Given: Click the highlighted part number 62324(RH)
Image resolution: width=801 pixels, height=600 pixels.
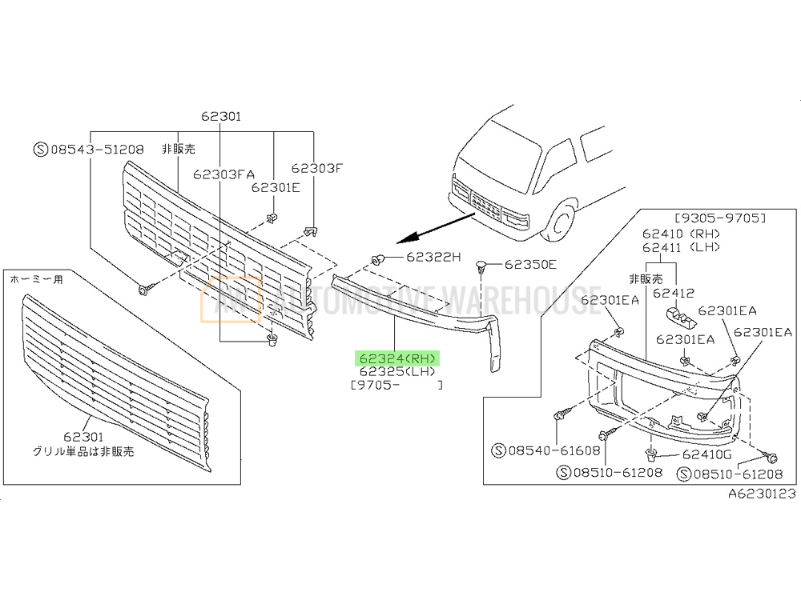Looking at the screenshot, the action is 397,358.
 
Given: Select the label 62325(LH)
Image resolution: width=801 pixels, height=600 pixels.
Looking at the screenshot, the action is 397,371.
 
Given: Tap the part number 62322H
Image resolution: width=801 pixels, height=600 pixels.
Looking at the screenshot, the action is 433,257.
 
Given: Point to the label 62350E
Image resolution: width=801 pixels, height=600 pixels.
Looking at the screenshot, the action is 530,264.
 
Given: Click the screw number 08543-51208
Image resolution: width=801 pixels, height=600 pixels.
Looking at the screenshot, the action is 97,149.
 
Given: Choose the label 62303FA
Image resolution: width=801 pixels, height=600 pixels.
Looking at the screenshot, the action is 223,174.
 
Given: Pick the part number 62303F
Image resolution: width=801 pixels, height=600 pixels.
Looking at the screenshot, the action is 316,168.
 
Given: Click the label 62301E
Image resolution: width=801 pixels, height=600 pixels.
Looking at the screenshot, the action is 276,188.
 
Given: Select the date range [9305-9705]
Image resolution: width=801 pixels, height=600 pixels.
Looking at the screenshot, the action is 720,218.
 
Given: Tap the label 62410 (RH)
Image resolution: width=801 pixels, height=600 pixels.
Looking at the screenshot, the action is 681,234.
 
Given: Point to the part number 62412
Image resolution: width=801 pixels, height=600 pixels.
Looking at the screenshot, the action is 674,293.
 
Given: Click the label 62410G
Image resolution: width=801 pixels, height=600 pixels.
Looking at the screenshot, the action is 707,454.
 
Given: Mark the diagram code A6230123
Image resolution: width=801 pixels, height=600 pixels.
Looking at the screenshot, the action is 762,494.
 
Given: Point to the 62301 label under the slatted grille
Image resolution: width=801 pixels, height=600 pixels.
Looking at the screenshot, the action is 83,437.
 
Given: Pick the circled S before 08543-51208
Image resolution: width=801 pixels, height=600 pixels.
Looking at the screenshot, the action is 41,149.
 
